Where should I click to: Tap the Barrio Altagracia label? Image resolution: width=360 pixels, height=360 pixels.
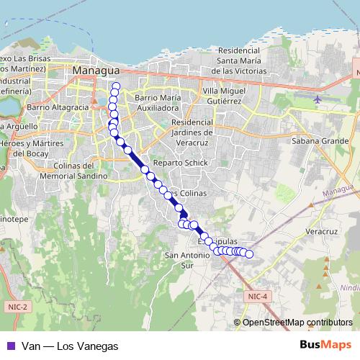58,107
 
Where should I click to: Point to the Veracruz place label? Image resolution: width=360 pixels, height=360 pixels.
322,232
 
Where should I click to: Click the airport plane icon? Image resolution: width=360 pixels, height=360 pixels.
318,98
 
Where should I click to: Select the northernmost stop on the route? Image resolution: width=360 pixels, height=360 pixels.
116,87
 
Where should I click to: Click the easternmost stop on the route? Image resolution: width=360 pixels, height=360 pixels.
250,253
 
